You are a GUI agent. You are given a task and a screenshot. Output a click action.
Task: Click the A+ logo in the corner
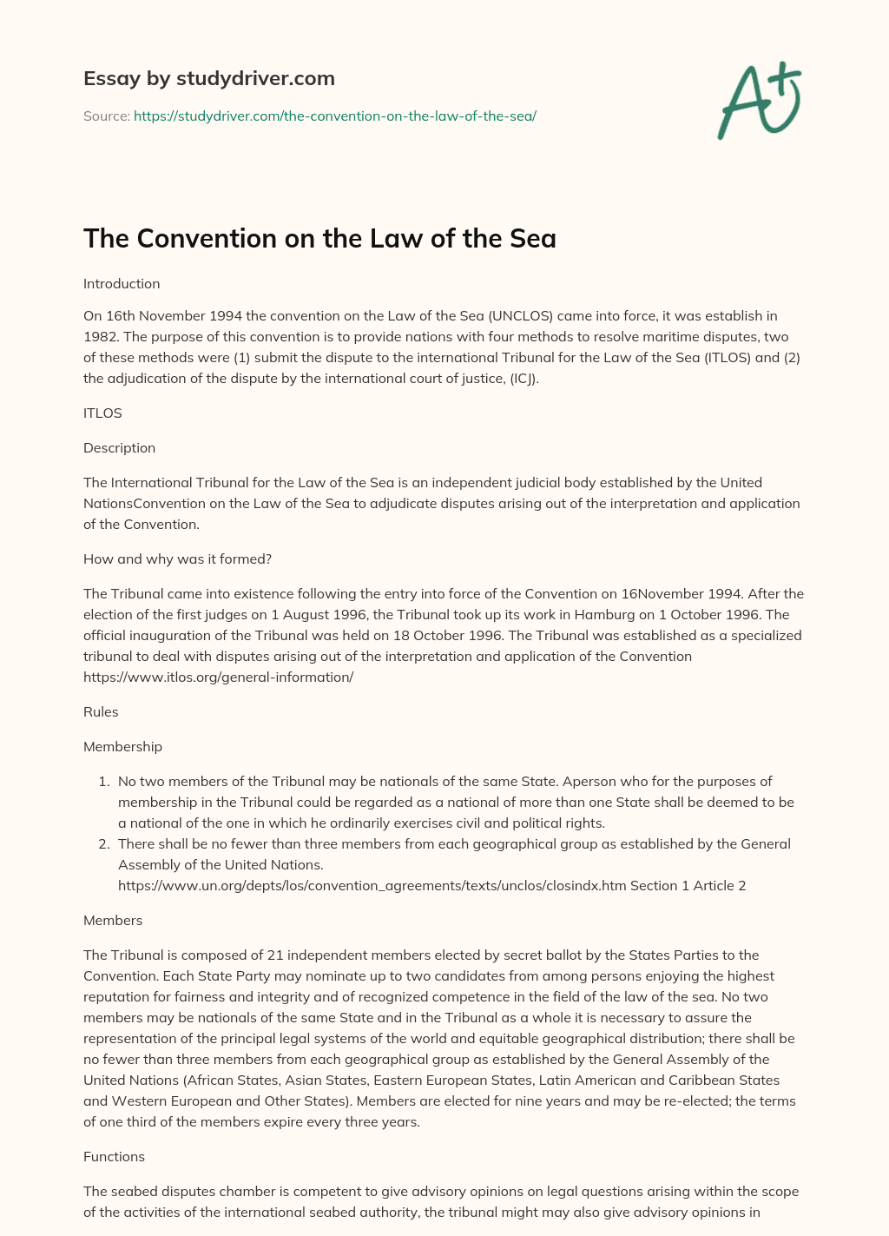759,101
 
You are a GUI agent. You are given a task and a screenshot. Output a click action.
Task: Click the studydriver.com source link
334,116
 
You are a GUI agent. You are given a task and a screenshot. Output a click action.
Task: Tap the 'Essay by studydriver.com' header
208,78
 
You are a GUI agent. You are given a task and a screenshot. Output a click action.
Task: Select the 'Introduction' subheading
122,284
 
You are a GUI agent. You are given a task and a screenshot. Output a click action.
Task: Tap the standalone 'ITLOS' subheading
102,413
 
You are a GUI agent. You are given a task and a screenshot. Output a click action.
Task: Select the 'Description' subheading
119,448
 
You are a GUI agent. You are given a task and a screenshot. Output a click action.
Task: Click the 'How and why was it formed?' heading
177,559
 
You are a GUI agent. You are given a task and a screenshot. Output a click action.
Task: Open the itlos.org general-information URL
218,677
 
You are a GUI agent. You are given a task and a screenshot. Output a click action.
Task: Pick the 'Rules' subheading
101,712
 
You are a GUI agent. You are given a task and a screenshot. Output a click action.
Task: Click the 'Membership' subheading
122,747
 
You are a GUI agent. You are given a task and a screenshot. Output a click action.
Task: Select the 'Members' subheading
113,921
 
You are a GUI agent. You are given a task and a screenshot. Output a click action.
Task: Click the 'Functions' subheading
114,1157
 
